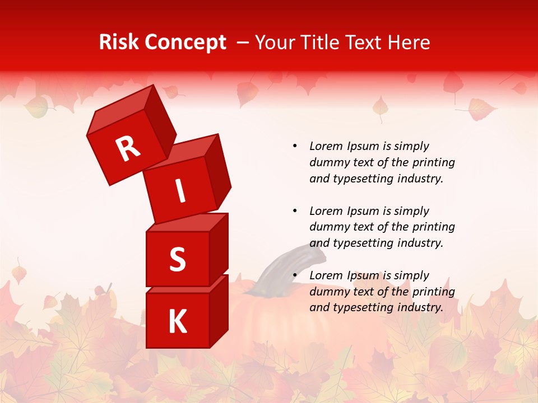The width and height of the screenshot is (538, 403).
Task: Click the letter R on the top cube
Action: click(x=128, y=148)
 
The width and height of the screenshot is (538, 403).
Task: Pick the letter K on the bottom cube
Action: click(x=177, y=322)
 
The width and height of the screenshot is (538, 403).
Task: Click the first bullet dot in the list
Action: click(x=295, y=146)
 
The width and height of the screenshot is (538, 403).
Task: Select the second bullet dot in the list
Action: click(x=295, y=211)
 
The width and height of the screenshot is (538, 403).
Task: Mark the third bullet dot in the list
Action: click(x=295, y=275)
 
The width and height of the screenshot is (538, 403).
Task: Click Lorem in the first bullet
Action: click(x=326, y=146)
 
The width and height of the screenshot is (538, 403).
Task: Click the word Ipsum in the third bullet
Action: click(x=363, y=275)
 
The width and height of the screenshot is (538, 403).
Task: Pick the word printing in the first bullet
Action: click(x=434, y=162)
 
